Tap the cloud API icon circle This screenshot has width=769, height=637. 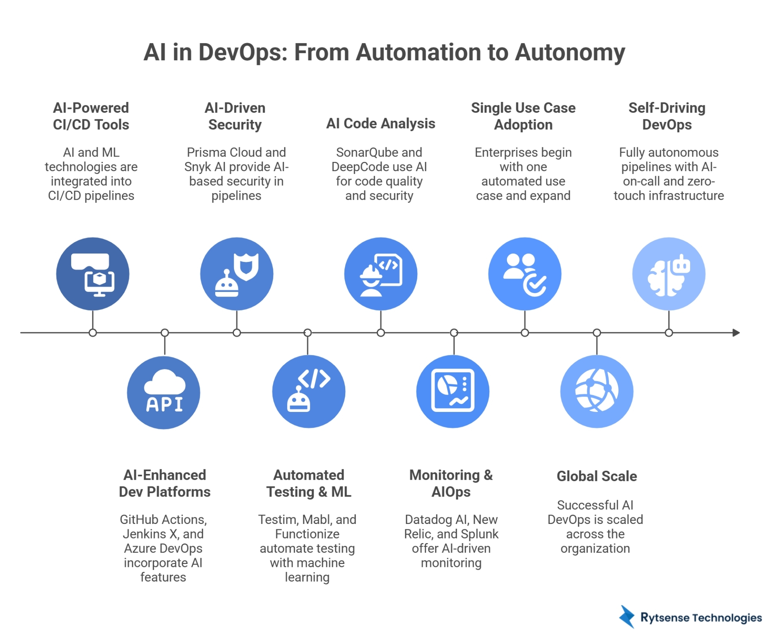pos(164,392)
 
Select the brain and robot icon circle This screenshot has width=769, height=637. pos(669,274)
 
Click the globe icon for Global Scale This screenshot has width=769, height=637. pos(597,392)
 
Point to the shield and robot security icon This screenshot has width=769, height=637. pos(237,274)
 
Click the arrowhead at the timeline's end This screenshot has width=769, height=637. pos(736,333)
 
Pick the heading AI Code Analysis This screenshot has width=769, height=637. pos(381,123)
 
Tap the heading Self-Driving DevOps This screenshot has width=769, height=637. pos(667,116)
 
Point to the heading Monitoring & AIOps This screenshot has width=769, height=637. pos(451,484)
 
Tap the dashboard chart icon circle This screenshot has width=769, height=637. pos(453,392)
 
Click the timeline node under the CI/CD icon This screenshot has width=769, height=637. pos(92,333)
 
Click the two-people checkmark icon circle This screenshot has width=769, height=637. pos(525,274)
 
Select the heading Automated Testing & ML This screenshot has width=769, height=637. pos(308,484)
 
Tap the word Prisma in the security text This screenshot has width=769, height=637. pos(207,152)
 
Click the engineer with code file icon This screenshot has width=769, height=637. pos(381,274)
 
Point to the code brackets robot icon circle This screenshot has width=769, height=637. pos(308,392)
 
